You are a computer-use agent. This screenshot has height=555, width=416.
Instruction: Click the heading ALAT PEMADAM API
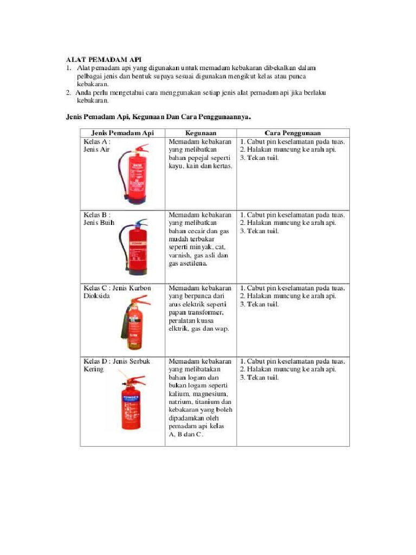103,59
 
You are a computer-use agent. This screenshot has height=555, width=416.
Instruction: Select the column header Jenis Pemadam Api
122,133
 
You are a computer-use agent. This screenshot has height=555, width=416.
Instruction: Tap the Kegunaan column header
200,133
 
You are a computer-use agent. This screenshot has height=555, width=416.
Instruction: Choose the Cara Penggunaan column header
292,133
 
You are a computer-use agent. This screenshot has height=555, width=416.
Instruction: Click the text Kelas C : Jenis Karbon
117,288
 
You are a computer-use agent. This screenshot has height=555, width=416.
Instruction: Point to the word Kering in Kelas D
93,369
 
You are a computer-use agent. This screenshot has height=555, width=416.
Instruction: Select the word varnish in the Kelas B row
181,255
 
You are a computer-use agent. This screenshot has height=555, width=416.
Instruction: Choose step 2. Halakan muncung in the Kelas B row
271,223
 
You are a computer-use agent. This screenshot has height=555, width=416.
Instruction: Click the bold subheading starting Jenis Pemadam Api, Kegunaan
158,116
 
